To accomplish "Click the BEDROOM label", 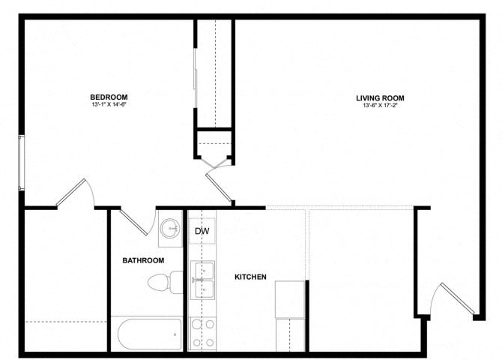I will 109,97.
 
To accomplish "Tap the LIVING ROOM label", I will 380,97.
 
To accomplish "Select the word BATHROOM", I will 143,260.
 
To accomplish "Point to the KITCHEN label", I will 251,277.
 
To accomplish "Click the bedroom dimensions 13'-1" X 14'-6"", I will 109,105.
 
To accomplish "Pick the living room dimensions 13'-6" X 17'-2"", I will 380,106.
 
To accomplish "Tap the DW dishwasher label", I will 202,232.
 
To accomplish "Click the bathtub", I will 149,333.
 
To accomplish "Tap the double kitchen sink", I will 203,280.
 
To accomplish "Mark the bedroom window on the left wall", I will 22,162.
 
